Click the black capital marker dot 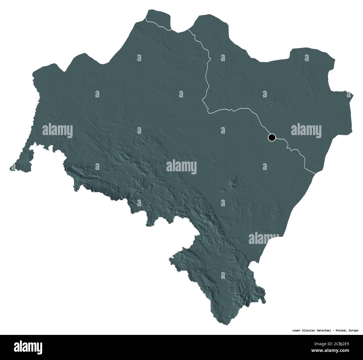271,137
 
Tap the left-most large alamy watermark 58,130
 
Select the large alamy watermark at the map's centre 181,167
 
